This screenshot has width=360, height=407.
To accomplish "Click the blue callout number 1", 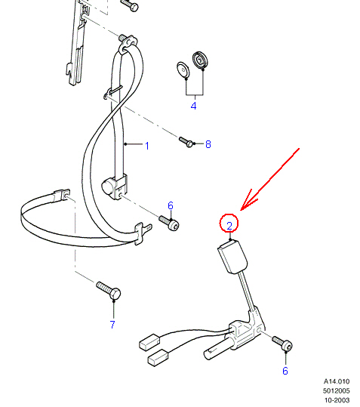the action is point(147,146).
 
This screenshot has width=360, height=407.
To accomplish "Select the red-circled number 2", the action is point(229,226).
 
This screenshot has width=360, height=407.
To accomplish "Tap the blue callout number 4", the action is point(193,106).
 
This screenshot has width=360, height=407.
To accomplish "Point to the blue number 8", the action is point(208,144).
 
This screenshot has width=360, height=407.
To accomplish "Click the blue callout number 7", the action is point(112,325).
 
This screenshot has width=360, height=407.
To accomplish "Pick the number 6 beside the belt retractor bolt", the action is point(171,205).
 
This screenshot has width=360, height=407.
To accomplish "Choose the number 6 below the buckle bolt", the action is point(285,371).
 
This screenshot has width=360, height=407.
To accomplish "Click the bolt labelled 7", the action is point(109,290).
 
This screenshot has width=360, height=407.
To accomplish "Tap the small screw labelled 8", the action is point(186,142).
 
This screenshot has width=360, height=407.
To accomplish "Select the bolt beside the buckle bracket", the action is point(282,343).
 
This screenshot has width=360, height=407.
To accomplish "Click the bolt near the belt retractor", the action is point(169,223).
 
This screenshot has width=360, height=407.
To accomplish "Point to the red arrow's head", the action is point(242,209).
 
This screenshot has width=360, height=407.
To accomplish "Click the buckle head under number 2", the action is point(232,257).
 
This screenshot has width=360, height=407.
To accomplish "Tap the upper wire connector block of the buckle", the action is point(149,342).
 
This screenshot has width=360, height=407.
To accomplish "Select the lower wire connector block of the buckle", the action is point(158,358).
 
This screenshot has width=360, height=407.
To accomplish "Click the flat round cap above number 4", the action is point(183,69).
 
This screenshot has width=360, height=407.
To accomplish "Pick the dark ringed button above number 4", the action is point(200,60).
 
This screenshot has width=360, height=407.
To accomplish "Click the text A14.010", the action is point(337,381).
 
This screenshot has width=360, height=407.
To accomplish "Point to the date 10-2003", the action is point(337,400).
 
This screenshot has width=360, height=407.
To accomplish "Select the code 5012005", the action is point(336,390).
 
